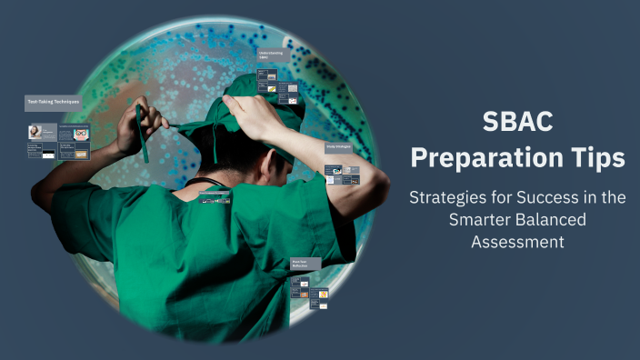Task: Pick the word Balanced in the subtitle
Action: (x=553, y=219)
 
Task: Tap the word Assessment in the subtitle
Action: (x=517, y=241)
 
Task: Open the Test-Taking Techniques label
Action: (x=53, y=104)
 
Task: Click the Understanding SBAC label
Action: (x=271, y=57)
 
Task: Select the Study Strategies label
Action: (x=338, y=146)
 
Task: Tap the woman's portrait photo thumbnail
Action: (x=36, y=133)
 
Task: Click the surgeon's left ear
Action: (x=277, y=155)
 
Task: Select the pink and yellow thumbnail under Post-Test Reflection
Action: (x=322, y=295)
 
